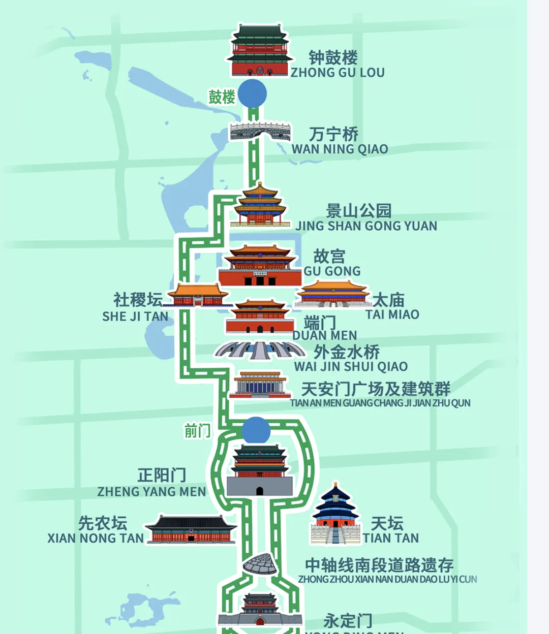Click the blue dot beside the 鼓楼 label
[253, 93]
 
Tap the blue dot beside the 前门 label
[256, 430]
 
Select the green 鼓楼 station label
[222, 97]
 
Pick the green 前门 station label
[197, 431]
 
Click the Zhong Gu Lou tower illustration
[259, 51]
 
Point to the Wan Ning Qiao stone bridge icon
[260, 132]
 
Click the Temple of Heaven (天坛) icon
[335, 514]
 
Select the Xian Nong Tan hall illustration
[191, 529]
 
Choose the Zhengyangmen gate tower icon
[260, 470]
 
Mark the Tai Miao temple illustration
[333, 294]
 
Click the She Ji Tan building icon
[197, 295]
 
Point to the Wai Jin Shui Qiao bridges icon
[260, 350]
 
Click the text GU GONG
[332, 271]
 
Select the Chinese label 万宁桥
[334, 134]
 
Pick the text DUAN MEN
[325, 335]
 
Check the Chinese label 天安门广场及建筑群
[376, 389]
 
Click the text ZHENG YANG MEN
[151, 492]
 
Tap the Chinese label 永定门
[348, 620]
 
